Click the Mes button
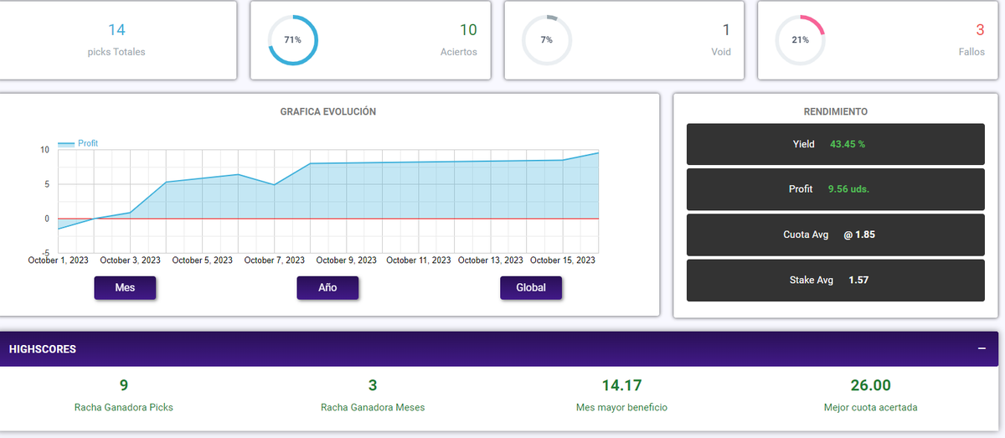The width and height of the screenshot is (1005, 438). click(x=125, y=287)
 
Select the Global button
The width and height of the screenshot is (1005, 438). click(x=531, y=287)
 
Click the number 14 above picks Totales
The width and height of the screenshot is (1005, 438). click(x=116, y=30)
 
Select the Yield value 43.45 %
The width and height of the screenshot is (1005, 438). click(x=848, y=144)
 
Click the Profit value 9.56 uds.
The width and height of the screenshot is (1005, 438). click(x=848, y=189)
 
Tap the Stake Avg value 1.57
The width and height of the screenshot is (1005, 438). click(x=858, y=280)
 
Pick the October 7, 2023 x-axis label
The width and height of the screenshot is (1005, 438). click(x=274, y=260)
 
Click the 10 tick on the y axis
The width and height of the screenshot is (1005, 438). click(x=45, y=149)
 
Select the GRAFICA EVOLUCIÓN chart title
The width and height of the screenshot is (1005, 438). click(x=328, y=111)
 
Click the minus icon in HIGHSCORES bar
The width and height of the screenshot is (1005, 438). click(x=982, y=348)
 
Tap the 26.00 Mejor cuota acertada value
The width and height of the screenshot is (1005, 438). click(x=870, y=385)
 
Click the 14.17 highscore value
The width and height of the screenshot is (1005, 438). click(x=621, y=385)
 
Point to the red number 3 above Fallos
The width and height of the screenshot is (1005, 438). click(x=981, y=30)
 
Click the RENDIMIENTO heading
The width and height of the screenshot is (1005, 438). click(x=836, y=111)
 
